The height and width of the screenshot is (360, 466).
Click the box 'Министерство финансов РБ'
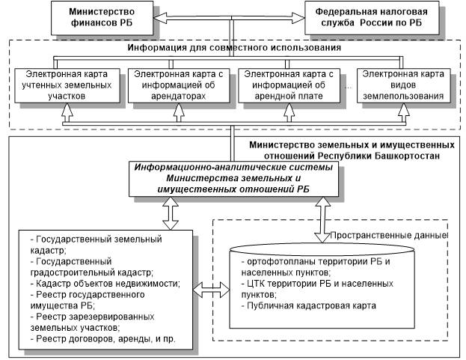click(102, 18)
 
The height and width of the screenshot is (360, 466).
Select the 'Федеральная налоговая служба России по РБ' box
click(372, 18)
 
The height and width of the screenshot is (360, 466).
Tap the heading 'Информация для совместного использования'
click(234, 48)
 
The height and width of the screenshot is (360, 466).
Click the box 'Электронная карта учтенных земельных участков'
click(67, 85)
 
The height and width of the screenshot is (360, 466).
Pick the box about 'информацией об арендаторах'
click(179, 85)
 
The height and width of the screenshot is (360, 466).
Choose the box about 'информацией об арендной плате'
click(289, 85)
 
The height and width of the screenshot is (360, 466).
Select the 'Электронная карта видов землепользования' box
click(403, 85)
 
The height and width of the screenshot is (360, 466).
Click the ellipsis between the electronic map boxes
click(349, 88)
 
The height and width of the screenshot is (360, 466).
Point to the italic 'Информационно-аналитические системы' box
click(233, 179)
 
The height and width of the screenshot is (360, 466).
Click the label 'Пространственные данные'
click(389, 236)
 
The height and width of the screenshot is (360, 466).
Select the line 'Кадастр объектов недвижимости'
click(105, 284)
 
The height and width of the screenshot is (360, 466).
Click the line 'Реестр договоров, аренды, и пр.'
click(102, 339)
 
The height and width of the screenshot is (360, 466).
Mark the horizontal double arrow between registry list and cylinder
click(211, 290)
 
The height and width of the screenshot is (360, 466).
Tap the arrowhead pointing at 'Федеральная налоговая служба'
click(298, 18)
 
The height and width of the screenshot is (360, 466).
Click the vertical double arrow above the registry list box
click(171, 213)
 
